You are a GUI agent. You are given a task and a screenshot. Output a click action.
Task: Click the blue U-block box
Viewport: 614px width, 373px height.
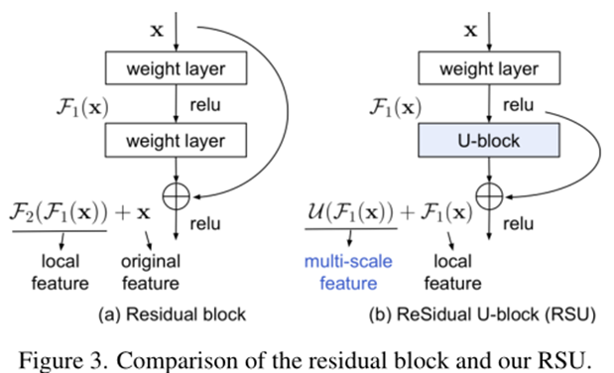473,140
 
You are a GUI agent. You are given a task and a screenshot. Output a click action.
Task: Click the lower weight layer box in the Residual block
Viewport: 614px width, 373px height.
176,140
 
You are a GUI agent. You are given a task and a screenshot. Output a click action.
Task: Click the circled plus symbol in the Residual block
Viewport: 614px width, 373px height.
176,195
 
